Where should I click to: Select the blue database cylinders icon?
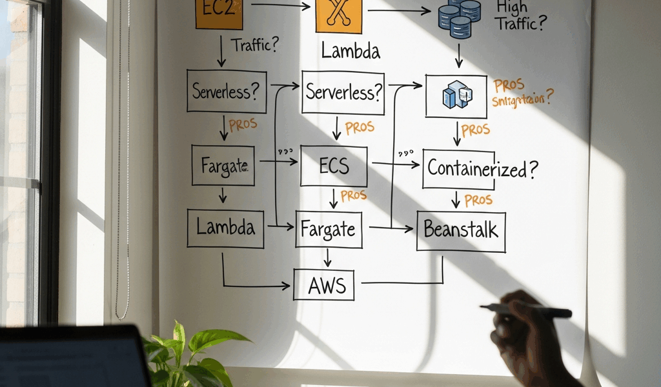[459, 17]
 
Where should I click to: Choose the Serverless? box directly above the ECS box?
[342, 92]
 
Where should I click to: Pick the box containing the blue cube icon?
[456, 96]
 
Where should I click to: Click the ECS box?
[334, 166]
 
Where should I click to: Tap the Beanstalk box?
[461, 230]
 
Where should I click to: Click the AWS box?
[324, 284]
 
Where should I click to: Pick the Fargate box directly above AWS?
[329, 229]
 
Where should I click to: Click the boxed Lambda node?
[225, 228]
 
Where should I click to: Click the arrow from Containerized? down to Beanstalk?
[456, 199]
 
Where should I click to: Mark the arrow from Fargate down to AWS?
[327, 258]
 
